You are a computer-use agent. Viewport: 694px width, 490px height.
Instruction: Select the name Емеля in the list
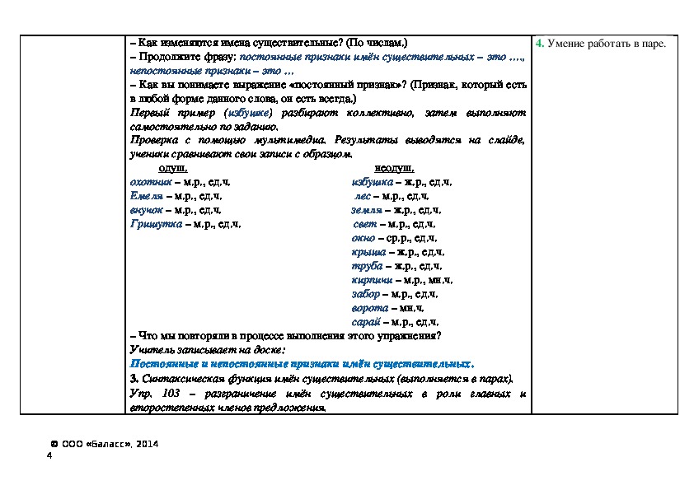(146, 196)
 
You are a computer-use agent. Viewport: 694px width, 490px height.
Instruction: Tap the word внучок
(147, 210)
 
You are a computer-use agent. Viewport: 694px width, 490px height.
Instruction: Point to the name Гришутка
(156, 224)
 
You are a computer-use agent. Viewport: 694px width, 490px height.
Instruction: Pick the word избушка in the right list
(369, 181)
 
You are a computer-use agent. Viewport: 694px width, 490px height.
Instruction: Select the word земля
(366, 210)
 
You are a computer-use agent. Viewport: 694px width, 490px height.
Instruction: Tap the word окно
(363, 238)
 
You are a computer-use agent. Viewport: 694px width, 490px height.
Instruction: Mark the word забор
(365, 294)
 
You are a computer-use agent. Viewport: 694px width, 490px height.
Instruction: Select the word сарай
(365, 322)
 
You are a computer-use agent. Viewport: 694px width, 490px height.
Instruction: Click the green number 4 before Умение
(538, 43)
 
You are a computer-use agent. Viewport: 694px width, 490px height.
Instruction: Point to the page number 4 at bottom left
(50, 456)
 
